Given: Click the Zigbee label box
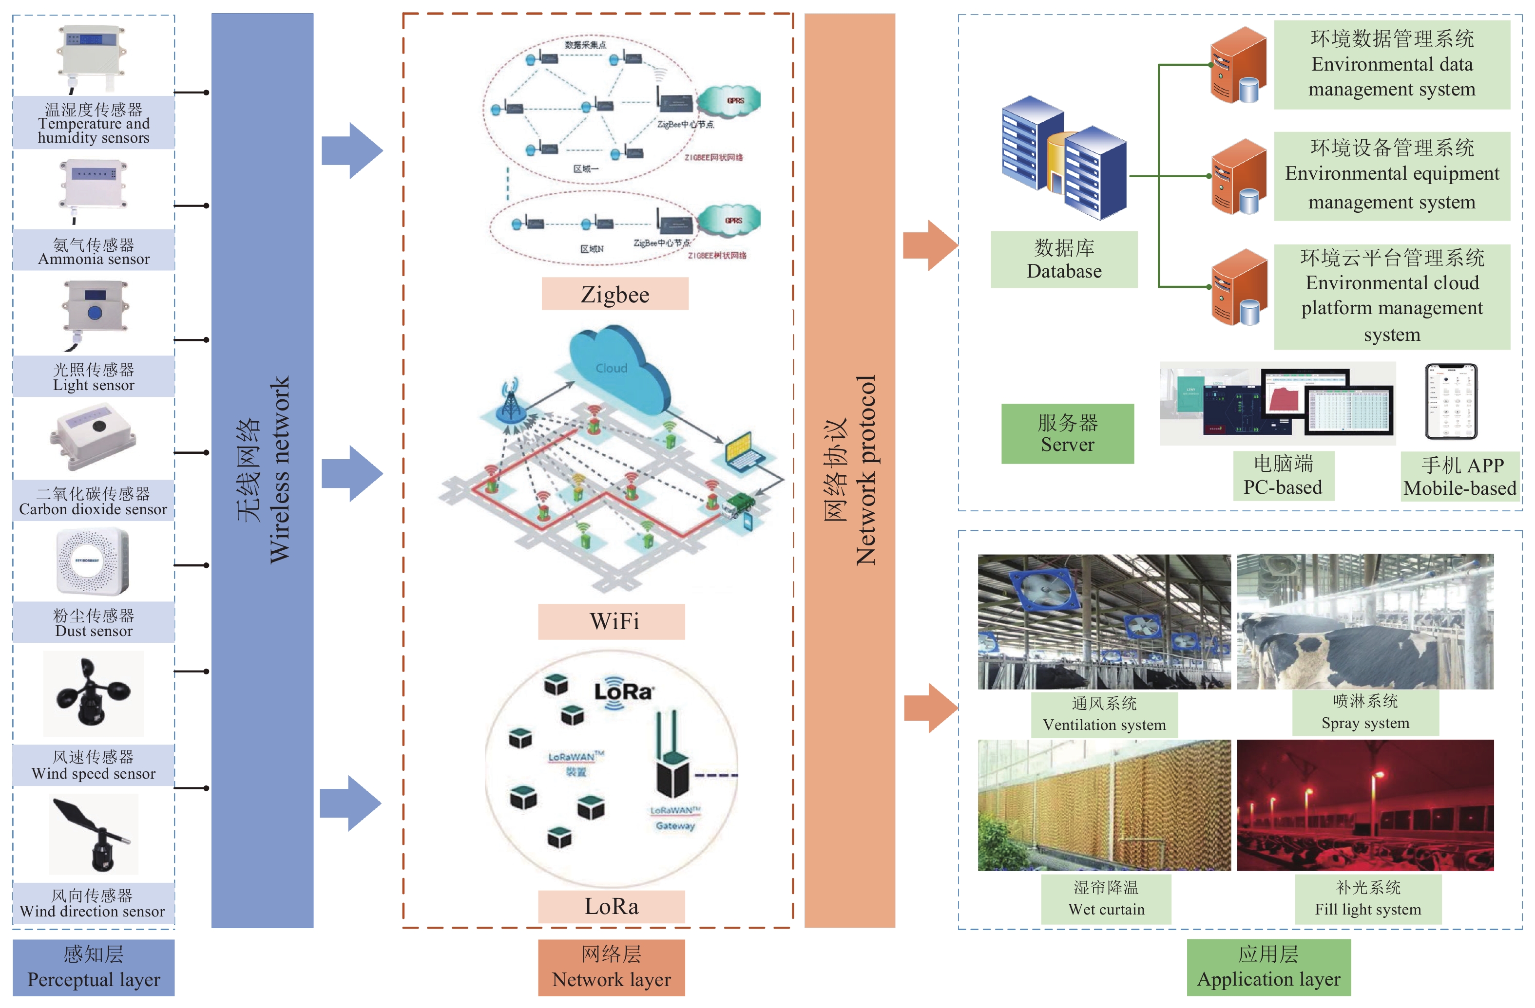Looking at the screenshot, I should pos(614,294).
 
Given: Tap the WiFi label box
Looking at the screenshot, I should pos(612,621).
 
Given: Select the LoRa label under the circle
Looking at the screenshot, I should pos(612,906).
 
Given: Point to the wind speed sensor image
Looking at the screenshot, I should pos(94,693).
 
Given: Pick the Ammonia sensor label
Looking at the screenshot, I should pos(94,251).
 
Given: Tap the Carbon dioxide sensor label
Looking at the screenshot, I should pos(94,501).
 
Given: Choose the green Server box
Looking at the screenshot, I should pos(1067,433).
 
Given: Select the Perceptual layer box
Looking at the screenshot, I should pos(94,967).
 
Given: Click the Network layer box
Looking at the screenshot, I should pos(612,967).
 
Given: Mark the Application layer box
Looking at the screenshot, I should pos(1268,967).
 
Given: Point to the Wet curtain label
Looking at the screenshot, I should pos(1106,898).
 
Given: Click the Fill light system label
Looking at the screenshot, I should pos(1368,898).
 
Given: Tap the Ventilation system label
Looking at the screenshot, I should pos(1104,714).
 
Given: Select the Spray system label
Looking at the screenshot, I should pos(1365,712).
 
